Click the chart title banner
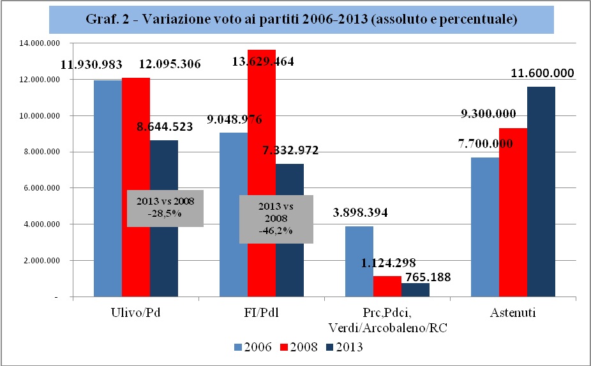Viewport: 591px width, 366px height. click(301, 20)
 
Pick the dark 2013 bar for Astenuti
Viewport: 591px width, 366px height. click(541, 191)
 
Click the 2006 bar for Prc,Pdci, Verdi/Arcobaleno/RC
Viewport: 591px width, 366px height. click(359, 261)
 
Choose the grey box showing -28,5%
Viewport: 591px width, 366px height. click(165, 208)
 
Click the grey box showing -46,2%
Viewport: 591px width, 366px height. click(276, 219)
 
